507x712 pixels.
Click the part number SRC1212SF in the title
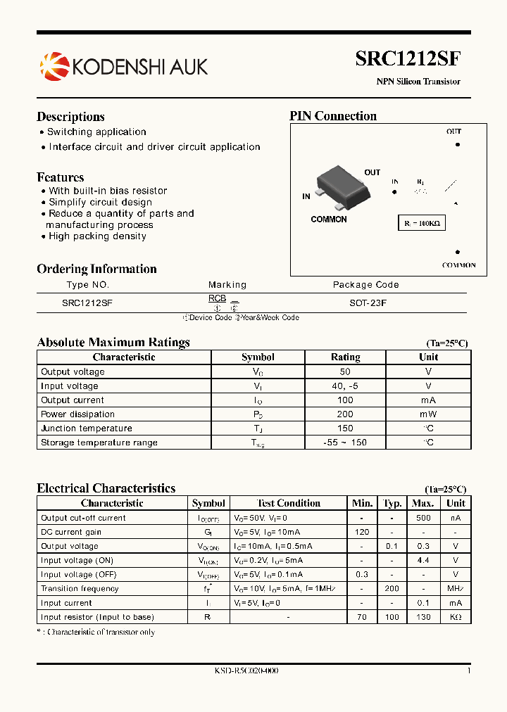point(408,59)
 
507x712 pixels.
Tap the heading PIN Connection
point(333,116)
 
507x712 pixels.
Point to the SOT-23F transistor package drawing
point(342,186)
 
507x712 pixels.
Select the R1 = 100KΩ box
point(421,223)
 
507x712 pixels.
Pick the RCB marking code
point(217,298)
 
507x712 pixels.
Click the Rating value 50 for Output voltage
point(345,371)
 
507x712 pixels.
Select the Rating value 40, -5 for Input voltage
point(345,386)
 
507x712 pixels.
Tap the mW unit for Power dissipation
point(428,414)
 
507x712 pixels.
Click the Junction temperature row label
point(86,428)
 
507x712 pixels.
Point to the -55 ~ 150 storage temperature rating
point(345,443)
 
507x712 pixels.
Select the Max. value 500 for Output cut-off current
point(423,518)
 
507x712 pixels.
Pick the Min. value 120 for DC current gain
point(362,532)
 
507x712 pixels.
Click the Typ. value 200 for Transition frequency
point(392,589)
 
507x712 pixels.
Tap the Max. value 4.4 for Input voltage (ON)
point(423,561)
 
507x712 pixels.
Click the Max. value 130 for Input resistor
point(423,617)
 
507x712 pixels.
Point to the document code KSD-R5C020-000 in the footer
point(246,671)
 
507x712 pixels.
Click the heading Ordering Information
point(96,269)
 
